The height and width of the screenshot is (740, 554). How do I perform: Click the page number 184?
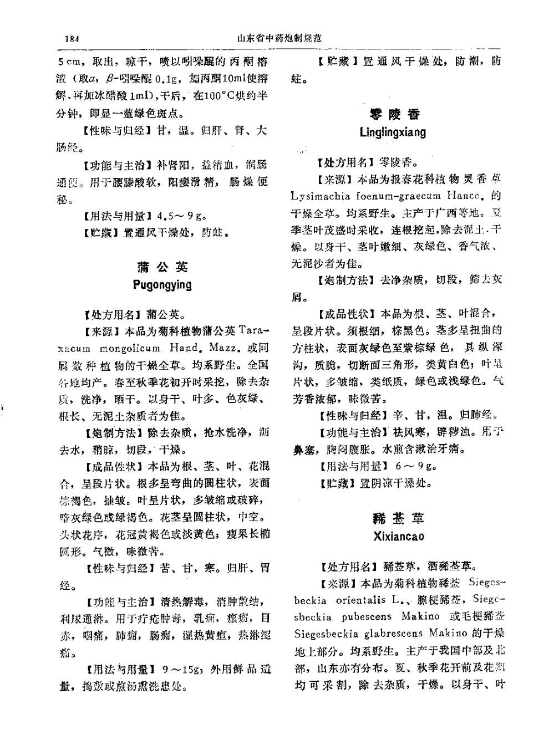pos(73,39)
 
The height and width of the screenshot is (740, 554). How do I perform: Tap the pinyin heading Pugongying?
pos(162,285)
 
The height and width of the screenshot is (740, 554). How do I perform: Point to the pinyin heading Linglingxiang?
pos(393,132)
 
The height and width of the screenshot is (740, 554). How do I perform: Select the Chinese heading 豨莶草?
pos(399,519)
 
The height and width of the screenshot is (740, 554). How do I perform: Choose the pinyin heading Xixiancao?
pos(399,537)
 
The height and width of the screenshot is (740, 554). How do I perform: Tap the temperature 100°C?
pos(221,96)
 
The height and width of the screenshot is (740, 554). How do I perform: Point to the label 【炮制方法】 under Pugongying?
pos(114,433)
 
